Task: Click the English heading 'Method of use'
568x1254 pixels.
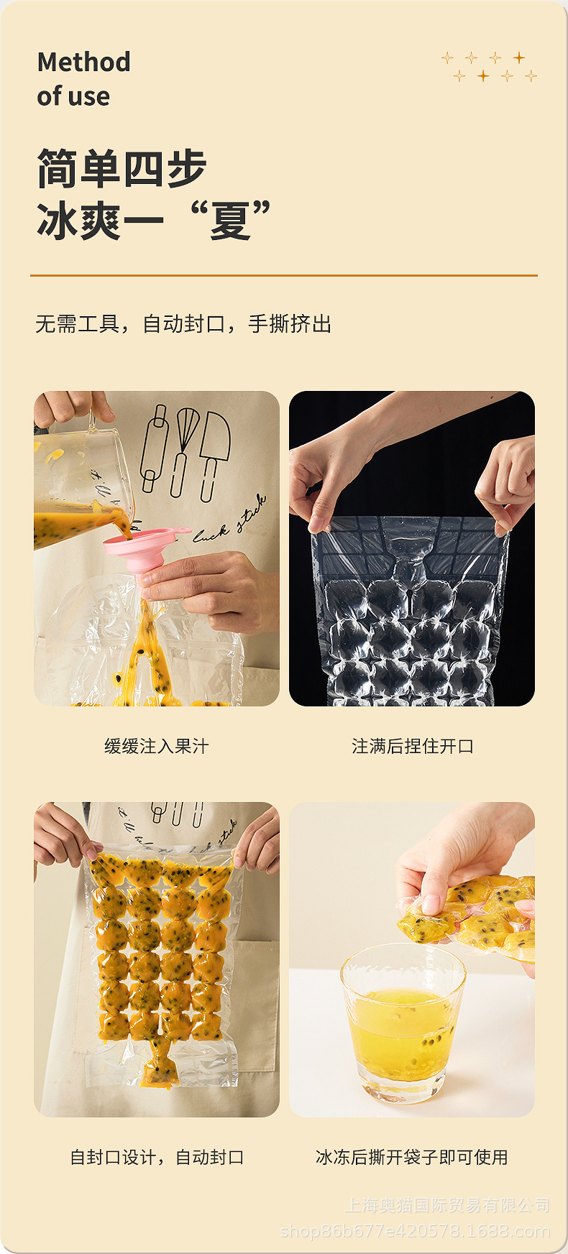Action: (83, 79)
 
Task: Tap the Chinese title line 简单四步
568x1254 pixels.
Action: (122, 169)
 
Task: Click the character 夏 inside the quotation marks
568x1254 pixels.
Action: (230, 221)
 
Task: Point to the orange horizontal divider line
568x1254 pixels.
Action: (284, 275)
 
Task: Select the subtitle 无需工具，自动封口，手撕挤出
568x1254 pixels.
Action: (183, 324)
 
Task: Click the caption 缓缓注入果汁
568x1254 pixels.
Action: (157, 747)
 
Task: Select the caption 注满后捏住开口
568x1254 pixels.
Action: (413, 747)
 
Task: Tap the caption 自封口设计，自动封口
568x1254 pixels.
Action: (157, 1158)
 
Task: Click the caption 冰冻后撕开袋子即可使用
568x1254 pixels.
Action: (412, 1158)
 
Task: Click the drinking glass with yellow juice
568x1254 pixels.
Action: (403, 1024)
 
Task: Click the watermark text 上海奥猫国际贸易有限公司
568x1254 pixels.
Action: (447, 1205)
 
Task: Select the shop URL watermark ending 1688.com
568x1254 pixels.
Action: (415, 1232)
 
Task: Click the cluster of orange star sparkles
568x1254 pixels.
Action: (489, 67)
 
